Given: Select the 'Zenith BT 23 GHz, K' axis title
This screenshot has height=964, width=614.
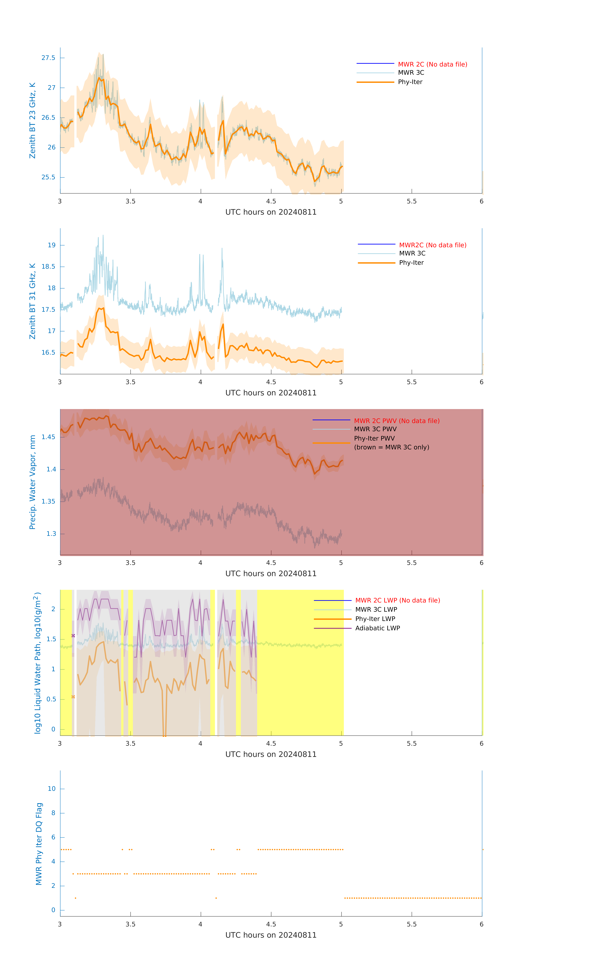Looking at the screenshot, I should tap(32, 121).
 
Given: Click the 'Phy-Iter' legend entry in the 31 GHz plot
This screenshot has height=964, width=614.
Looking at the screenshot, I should tap(411, 263).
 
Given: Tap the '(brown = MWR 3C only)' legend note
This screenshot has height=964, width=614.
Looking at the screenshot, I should tap(391, 447).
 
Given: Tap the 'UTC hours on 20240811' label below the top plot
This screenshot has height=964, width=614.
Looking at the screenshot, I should tap(271, 212).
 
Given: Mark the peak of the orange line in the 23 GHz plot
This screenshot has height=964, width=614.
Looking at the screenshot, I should tap(99, 78).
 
